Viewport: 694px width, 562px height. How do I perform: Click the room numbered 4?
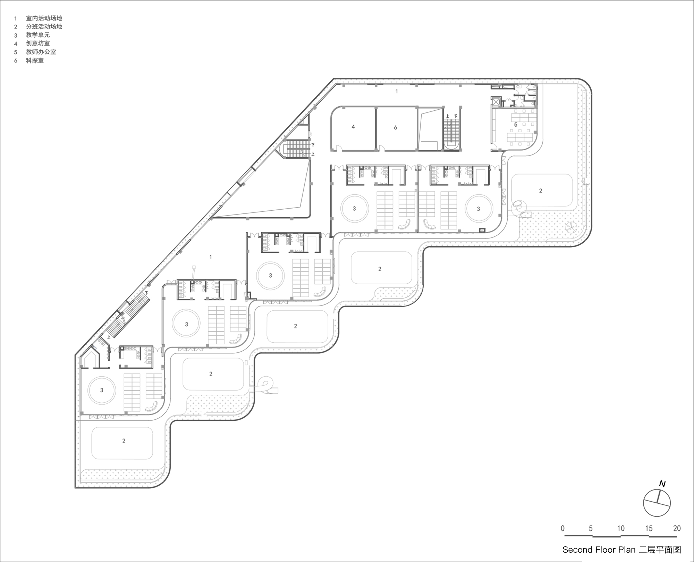[x=353, y=127]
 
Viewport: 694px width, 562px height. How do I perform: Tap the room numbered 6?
[x=395, y=128]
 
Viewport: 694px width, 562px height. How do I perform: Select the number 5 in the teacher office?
[x=516, y=125]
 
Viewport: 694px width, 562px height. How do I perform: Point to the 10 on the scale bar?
[x=620, y=529]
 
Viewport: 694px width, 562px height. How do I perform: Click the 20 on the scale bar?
[x=677, y=529]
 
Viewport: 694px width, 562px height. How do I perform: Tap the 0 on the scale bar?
[x=562, y=529]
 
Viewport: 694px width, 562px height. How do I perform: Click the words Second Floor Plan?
[x=599, y=550]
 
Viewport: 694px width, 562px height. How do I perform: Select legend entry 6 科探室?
[x=35, y=60]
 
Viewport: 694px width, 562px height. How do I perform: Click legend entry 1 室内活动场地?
[x=44, y=18]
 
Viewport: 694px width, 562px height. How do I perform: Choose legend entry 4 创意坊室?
[x=37, y=43]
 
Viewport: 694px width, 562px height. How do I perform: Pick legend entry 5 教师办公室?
[x=41, y=52]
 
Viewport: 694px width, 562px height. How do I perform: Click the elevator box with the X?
[x=496, y=102]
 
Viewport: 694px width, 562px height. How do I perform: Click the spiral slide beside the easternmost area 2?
[x=519, y=208]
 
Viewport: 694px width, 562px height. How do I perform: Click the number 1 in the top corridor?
[x=397, y=91]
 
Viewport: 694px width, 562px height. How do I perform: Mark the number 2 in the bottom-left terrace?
[x=124, y=441]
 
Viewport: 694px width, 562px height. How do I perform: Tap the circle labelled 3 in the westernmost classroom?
[x=101, y=390]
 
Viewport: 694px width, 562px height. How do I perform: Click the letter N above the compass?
[x=662, y=484]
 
